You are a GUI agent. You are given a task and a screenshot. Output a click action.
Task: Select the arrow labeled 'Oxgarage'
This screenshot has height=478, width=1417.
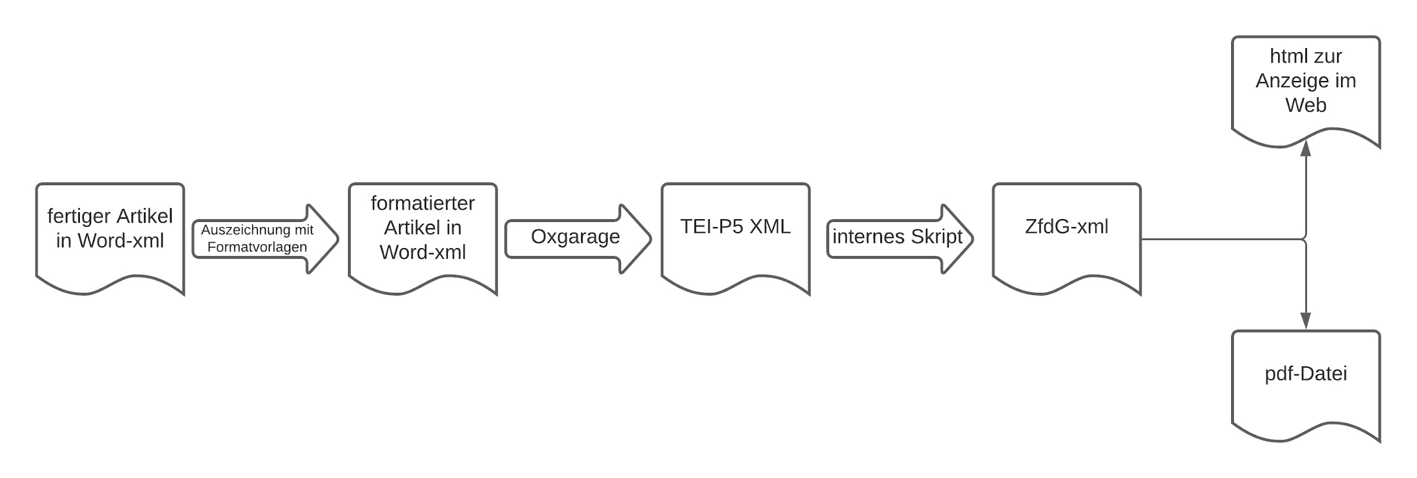[x=575, y=237]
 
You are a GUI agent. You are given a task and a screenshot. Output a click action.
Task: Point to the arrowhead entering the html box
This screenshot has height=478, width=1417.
[x=1306, y=149]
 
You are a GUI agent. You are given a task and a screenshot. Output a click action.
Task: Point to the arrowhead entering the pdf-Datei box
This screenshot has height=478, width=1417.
[x=1306, y=321]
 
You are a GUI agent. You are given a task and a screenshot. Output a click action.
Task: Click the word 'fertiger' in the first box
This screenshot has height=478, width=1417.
[x=78, y=216]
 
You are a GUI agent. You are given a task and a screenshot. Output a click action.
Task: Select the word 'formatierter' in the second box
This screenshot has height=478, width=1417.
[x=422, y=203]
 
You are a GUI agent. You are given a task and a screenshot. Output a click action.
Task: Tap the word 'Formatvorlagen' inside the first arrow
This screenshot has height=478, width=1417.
[x=257, y=247]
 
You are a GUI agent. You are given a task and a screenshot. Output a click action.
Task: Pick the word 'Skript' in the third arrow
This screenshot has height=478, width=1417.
[x=936, y=237]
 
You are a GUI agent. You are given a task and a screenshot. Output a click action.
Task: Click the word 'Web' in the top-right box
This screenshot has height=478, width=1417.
[x=1305, y=105]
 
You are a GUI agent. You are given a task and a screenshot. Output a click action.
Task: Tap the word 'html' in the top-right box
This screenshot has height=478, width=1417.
[x=1288, y=57]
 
